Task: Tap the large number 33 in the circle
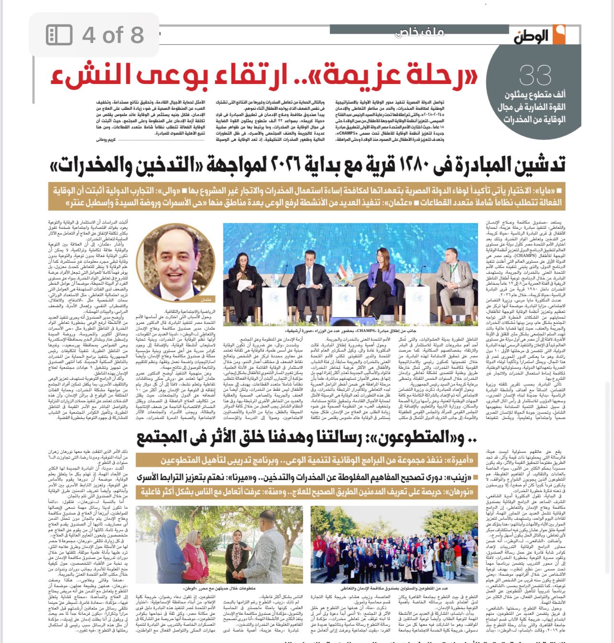pyautogui.click(x=535, y=76)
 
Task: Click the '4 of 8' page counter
pyautogui.click(x=113, y=35)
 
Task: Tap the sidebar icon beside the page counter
pyautogui.click(x=59, y=35)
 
